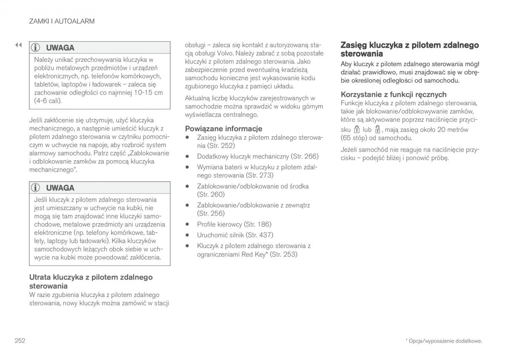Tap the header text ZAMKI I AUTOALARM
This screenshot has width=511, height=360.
click(62, 21)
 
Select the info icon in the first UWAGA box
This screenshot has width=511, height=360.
click(37, 48)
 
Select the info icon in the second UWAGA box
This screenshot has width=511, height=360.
click(37, 188)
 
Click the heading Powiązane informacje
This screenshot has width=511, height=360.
click(224, 128)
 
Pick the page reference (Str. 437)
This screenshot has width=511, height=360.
click(260, 235)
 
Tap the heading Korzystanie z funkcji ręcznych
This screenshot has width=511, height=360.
click(393, 94)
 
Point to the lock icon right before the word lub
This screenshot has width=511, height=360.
click(357, 130)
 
